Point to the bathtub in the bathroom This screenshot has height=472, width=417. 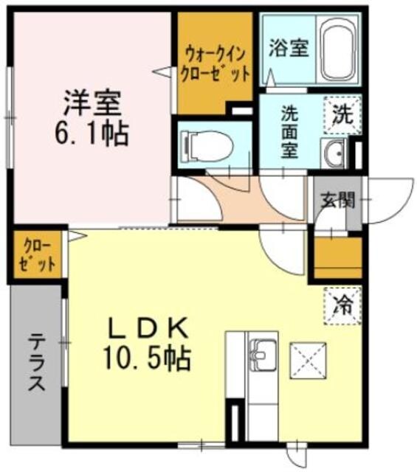338,52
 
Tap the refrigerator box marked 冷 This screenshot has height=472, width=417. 343,303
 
